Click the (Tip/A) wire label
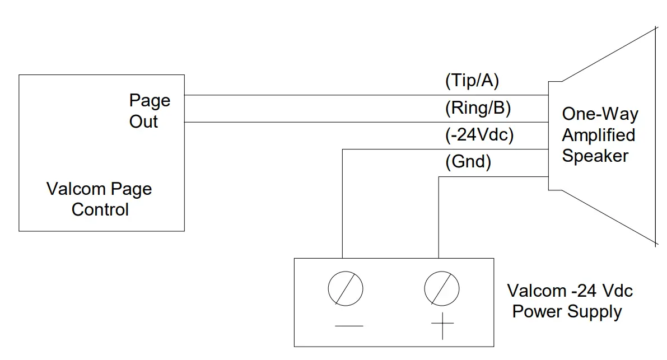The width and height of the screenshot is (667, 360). [x=472, y=81]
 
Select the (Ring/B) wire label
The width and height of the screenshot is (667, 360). [x=478, y=108]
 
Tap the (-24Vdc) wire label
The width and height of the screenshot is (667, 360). [x=479, y=135]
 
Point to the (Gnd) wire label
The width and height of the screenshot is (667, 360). [x=468, y=162]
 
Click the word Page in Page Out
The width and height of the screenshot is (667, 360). [x=150, y=101]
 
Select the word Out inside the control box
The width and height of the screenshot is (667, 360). [x=144, y=121]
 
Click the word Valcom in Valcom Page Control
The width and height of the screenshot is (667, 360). [x=76, y=189]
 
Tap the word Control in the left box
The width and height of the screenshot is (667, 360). [x=100, y=209]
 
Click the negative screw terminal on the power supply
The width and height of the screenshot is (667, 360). [x=345, y=289]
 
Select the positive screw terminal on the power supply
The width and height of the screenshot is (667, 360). [x=442, y=289]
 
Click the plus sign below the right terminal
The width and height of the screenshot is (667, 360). [x=442, y=325]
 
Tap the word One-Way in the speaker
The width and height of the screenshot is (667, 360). [x=600, y=114]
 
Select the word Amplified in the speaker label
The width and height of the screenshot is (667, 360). [x=598, y=135]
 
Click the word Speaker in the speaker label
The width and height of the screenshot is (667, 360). [x=595, y=156]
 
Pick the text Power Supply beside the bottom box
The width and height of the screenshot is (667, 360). [x=567, y=311]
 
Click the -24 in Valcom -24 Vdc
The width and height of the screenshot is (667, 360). [x=585, y=291]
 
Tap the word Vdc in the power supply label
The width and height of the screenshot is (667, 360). [x=618, y=291]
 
